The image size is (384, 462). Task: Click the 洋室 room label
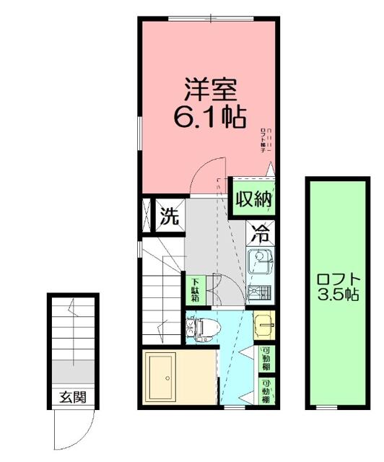point(208,90)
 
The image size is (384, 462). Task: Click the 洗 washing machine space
point(168,217)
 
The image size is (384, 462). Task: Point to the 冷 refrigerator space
point(261,234)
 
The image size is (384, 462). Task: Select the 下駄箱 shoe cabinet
point(195,289)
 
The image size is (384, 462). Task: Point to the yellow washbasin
point(264,326)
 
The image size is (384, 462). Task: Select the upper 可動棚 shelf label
point(266,357)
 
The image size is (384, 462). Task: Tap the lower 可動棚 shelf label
point(266,390)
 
